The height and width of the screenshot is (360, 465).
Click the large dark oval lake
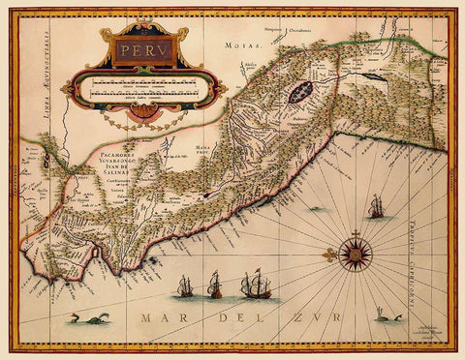coord(300,93)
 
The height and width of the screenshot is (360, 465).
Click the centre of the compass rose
coord(355,253)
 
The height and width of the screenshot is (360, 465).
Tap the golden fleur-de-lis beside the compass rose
coord(328,255)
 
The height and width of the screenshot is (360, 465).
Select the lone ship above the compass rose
coord(376,206)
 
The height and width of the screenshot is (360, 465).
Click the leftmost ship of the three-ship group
coord(184,285)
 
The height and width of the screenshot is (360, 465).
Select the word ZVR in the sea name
coord(314,316)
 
